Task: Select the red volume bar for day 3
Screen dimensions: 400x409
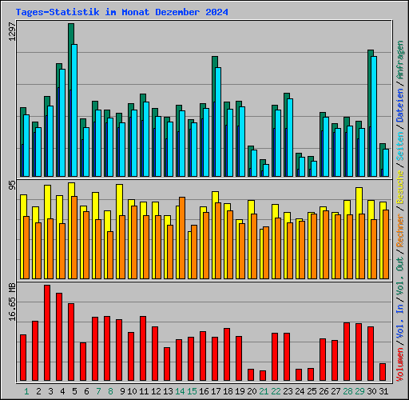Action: click(x=47, y=333)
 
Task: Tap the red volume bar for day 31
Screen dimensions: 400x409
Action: click(x=383, y=372)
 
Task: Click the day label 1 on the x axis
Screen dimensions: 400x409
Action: click(x=26, y=391)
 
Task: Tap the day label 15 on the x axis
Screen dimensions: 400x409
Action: click(x=191, y=391)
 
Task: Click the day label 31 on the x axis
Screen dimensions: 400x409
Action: click(x=383, y=391)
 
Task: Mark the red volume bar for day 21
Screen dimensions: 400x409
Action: click(x=263, y=375)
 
